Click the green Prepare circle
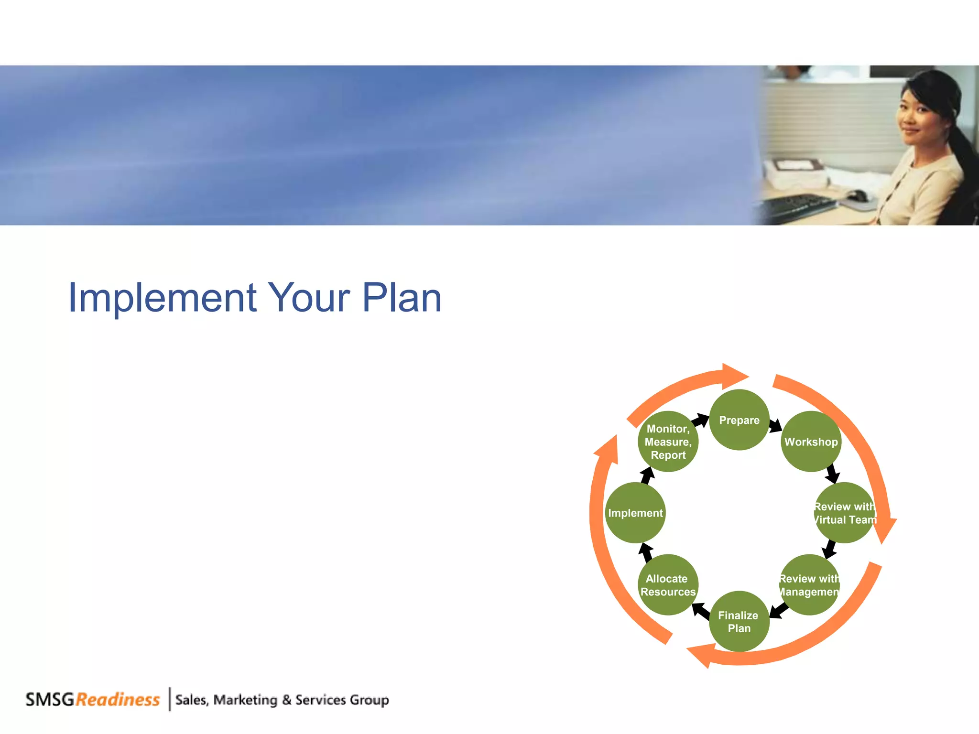[x=739, y=420]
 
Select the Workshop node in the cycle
[x=811, y=442]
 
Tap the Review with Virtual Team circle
[x=844, y=513]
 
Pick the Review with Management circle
[x=809, y=585]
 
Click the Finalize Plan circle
[x=739, y=621]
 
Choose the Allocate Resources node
[x=668, y=585]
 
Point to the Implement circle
[x=635, y=513]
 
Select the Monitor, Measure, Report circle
[x=668, y=442]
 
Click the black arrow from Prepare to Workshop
[x=775, y=425]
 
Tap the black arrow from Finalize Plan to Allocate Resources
[x=701, y=611]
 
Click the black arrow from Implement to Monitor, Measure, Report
[x=647, y=476]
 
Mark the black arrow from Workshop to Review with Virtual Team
[x=832, y=473]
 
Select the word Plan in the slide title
[x=402, y=298]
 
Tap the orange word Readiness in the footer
[x=118, y=700]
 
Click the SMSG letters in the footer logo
[x=50, y=700]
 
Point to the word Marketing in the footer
[x=245, y=700]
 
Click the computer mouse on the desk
[x=857, y=195]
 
